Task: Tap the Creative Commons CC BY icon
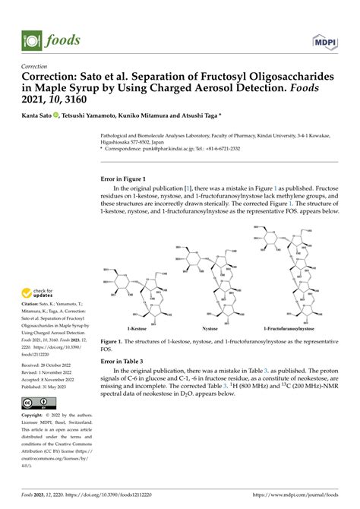tap(36, 403)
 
